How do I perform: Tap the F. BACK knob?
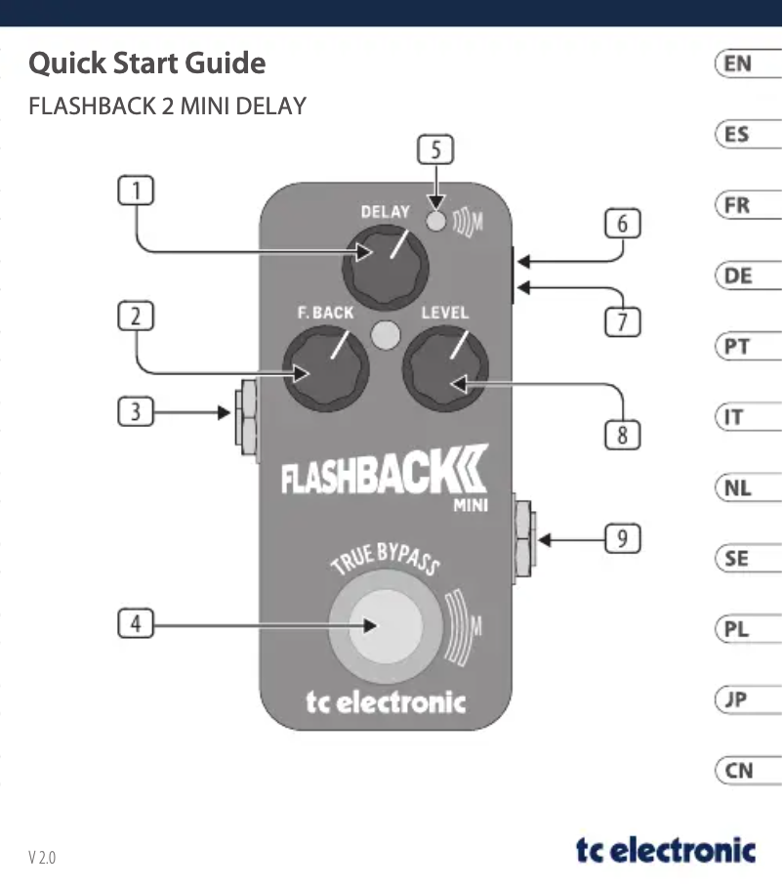coord(327,369)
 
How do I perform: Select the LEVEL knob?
coord(448,368)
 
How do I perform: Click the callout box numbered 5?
coord(435,150)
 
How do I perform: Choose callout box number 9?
coord(622,537)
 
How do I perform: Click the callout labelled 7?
coord(622,320)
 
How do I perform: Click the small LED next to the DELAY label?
coord(437,222)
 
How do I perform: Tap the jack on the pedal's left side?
coord(247,416)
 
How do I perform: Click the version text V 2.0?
coord(42,858)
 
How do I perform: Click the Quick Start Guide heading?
coord(146,64)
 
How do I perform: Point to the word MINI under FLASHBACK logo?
coord(470,505)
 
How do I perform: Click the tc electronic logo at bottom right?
coord(665,849)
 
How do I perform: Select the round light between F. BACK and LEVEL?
coord(386,334)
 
